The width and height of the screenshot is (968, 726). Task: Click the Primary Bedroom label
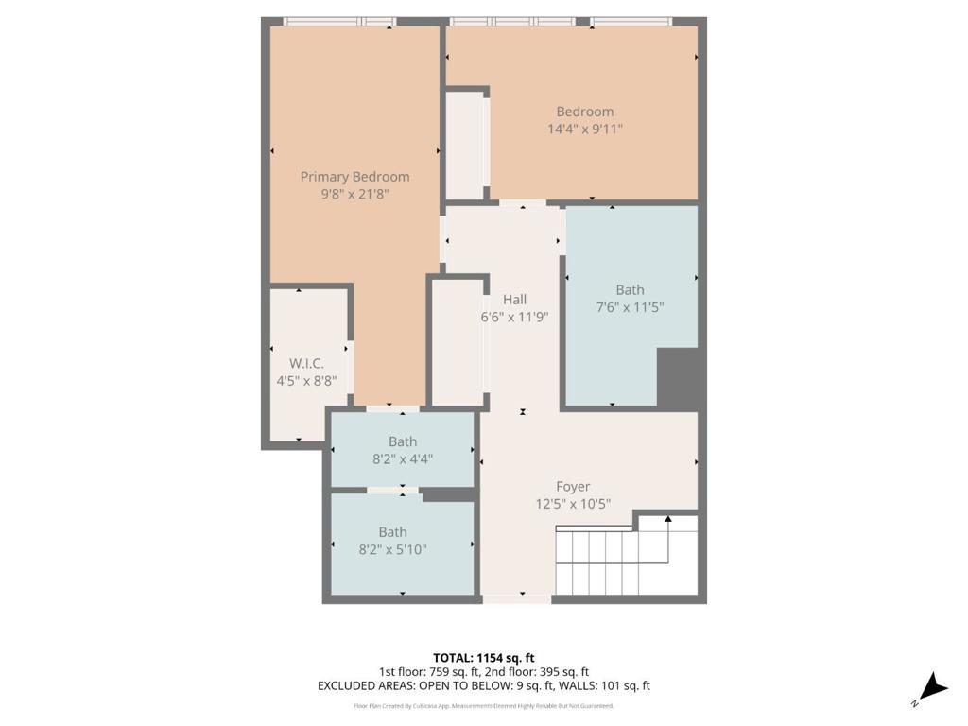355,177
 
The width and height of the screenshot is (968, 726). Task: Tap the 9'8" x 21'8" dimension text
355,194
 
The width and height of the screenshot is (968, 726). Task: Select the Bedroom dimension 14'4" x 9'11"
584,129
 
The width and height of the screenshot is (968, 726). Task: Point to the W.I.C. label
306,364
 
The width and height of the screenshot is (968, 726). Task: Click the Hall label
514,300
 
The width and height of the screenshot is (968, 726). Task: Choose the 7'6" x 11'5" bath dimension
630,307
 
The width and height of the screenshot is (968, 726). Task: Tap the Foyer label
573,487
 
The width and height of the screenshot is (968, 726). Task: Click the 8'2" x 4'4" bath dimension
403,458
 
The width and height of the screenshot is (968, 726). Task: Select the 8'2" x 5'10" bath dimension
392,549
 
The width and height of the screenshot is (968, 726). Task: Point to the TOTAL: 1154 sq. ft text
483,658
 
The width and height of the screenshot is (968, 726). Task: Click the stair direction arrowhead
668,519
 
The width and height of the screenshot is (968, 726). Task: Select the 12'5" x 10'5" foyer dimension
573,504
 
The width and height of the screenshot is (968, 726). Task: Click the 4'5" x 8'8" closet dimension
306,381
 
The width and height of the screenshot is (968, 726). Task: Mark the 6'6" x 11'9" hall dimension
514,317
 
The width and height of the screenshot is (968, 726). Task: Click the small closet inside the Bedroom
465,146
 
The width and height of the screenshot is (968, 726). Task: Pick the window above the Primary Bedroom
339,22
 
